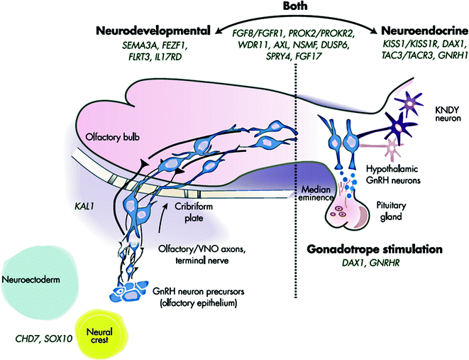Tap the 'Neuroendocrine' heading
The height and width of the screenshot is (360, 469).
click(x=424, y=31)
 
